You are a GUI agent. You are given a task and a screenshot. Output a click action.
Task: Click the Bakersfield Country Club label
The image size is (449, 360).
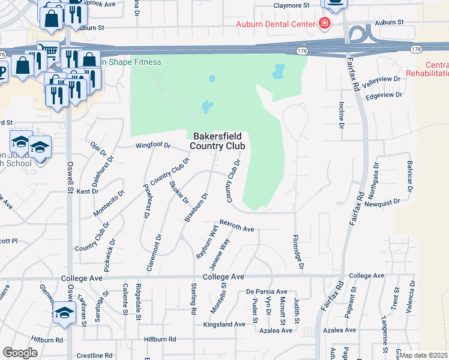pos(217,140)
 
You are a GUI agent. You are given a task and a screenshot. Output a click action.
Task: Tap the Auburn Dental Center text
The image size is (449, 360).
pos(276,24)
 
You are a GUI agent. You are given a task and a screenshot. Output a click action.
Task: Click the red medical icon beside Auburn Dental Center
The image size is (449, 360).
pos(325,24)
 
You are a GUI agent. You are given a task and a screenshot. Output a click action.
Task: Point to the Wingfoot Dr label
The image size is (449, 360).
pos(153,145)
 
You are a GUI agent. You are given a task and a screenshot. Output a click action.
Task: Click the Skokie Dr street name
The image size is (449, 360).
pos(179,192)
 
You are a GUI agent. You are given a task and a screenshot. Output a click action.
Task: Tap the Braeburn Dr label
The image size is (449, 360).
pos(196,207)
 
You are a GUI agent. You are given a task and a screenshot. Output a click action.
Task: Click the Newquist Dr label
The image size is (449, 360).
pos(382,203)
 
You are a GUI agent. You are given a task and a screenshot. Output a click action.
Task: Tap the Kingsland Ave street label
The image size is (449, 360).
pos(224,324)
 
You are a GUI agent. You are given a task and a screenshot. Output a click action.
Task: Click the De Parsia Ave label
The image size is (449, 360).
pos(267,291)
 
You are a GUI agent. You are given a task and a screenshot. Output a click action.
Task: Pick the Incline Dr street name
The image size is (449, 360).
pos(341,115)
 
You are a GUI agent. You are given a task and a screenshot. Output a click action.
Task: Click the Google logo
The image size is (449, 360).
pos(20,353)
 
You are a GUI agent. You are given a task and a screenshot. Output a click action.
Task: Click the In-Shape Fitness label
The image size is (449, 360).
pos(130,62)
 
